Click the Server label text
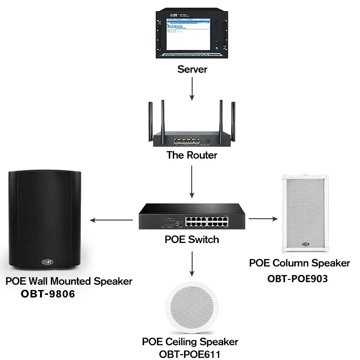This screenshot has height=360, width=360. click(x=192, y=69)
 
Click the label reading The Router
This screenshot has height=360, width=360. click(x=192, y=155)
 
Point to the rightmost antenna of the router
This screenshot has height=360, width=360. click(x=233, y=119)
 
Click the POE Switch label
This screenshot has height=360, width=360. click(x=192, y=239)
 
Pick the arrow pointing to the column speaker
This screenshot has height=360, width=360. click(x=264, y=219)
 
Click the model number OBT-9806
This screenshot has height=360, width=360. click(x=47, y=294)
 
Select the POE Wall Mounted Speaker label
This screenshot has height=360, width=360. click(x=69, y=281)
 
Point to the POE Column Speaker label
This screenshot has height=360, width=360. click(x=299, y=263)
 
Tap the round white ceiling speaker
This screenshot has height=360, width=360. click(x=192, y=309)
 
